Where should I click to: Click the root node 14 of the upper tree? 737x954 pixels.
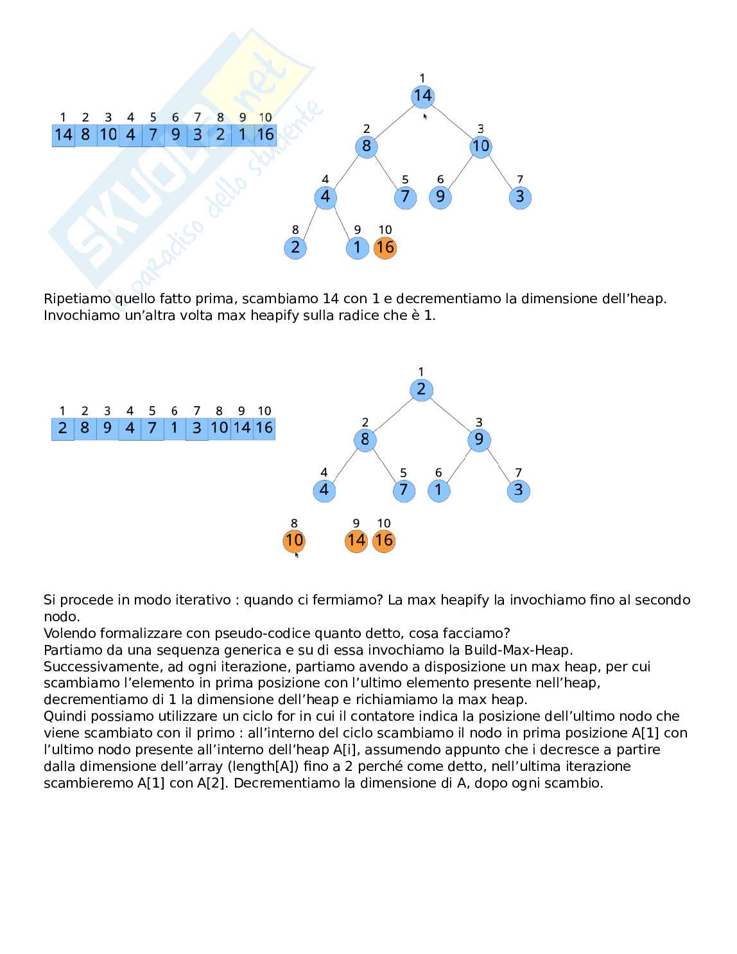422,96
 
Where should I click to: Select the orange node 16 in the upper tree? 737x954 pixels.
385,247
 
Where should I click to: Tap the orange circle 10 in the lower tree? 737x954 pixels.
294,541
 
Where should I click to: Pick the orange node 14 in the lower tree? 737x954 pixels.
356,541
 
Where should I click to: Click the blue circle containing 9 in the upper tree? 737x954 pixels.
440,197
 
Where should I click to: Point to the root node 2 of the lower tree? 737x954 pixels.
421,389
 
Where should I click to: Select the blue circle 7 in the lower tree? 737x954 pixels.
403,490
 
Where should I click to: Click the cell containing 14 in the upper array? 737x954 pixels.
64,135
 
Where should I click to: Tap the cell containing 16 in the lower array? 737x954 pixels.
264,428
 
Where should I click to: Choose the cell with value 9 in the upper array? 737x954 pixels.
175,135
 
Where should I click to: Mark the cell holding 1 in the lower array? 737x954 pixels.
175,428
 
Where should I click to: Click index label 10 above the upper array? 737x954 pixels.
265,118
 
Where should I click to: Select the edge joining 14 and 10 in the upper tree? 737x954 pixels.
452,121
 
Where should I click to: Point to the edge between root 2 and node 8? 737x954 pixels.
393,414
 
